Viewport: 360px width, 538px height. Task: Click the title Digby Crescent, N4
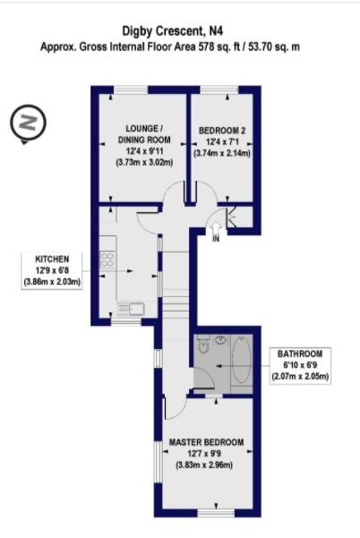pos(173,31)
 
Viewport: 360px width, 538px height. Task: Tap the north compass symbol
pos(28,122)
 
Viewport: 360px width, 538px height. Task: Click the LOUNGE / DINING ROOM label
pos(144,134)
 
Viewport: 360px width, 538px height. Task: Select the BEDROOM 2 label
pos(222,131)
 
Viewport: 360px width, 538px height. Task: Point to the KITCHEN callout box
pos(52,270)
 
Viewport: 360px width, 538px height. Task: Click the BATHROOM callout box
pos(300,365)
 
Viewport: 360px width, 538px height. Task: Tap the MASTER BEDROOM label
pos(206,442)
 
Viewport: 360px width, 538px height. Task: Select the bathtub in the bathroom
pos(242,360)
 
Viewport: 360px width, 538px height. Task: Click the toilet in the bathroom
pos(204,344)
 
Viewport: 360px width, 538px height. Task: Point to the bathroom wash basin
pos(221,339)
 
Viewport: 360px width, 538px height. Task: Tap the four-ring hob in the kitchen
pos(107,260)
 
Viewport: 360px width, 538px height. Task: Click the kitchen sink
pos(132,309)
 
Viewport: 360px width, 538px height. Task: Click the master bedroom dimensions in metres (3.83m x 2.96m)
pos(204,465)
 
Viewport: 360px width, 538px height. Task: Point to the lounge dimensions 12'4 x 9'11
pos(144,151)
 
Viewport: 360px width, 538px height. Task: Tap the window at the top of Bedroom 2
pos(219,90)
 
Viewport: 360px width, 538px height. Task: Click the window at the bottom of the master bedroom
pos(216,513)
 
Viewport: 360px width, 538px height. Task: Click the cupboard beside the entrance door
pos(240,217)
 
